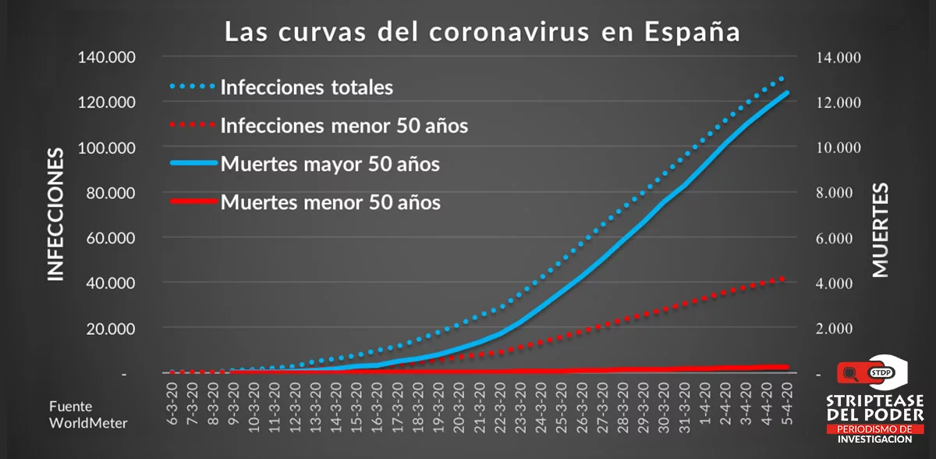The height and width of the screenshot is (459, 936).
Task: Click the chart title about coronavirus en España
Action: (x=481, y=33)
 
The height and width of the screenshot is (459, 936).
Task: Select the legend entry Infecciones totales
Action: (x=307, y=87)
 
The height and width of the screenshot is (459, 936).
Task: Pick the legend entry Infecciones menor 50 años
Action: (x=344, y=125)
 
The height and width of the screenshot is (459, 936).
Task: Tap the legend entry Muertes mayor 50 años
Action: (x=330, y=165)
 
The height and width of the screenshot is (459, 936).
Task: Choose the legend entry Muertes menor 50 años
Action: (x=330, y=203)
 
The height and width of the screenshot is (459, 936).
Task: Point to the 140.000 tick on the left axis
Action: (x=107, y=58)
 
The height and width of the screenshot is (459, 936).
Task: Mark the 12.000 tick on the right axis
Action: (x=838, y=103)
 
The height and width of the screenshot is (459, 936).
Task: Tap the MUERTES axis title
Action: (x=880, y=230)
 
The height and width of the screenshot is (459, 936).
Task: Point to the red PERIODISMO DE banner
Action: (x=874, y=429)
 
